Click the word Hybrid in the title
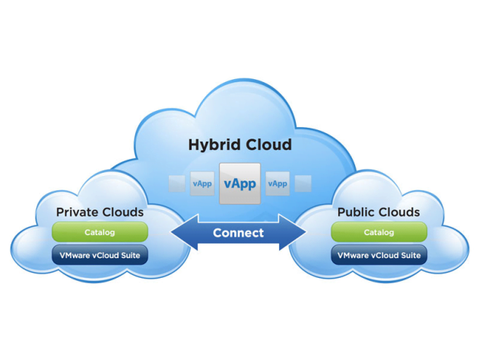[213, 145]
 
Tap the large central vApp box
[239, 184]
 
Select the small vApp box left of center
[202, 184]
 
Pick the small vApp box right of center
[278, 184]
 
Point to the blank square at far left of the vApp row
[176, 184]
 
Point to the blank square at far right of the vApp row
[303, 184]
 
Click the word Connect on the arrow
[238, 233]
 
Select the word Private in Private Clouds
[78, 212]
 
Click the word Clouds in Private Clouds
[122, 212]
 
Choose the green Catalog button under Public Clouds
[379, 232]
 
